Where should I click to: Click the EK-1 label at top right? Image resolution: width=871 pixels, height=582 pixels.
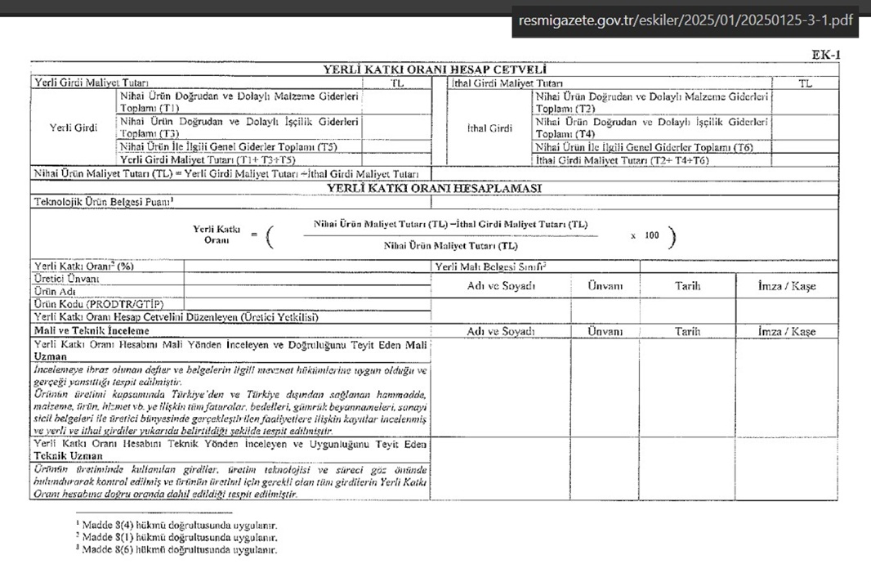[x=825, y=55]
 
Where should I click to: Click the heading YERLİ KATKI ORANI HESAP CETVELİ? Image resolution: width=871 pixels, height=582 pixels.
[x=435, y=70]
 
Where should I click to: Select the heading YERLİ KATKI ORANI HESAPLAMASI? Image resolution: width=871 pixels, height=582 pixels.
[x=435, y=188]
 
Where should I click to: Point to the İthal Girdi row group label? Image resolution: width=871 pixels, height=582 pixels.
[x=489, y=128]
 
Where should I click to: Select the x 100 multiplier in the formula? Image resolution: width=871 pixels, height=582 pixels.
[x=645, y=235]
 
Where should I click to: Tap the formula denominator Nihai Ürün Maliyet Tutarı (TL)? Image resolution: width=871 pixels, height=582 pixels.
[x=450, y=245]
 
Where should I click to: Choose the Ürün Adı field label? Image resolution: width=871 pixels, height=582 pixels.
[x=56, y=291]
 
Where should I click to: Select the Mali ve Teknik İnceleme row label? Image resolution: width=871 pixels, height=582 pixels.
[x=92, y=331]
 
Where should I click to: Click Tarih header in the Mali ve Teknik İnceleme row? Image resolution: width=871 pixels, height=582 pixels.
[x=687, y=331]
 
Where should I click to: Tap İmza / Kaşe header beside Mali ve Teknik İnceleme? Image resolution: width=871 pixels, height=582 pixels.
[x=786, y=331]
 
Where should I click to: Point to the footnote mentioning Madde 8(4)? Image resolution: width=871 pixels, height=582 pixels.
[x=176, y=525]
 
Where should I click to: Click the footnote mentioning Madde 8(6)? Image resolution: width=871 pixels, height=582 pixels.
[x=176, y=550]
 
